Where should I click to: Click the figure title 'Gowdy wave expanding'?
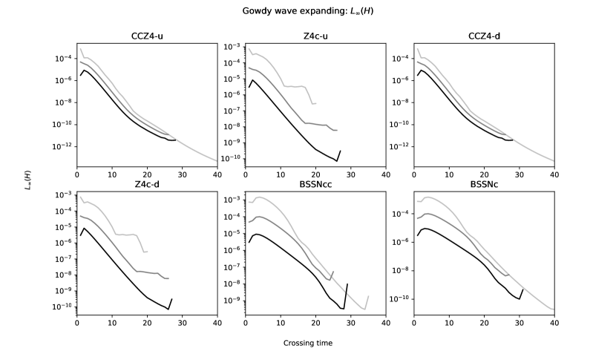[308, 12]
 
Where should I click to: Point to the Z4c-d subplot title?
[146, 185]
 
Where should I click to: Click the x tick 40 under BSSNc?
[554, 323]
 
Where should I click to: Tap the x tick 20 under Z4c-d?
[147, 323]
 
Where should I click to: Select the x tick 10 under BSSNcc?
[281, 323]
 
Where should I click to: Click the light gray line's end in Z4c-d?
[147, 252]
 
